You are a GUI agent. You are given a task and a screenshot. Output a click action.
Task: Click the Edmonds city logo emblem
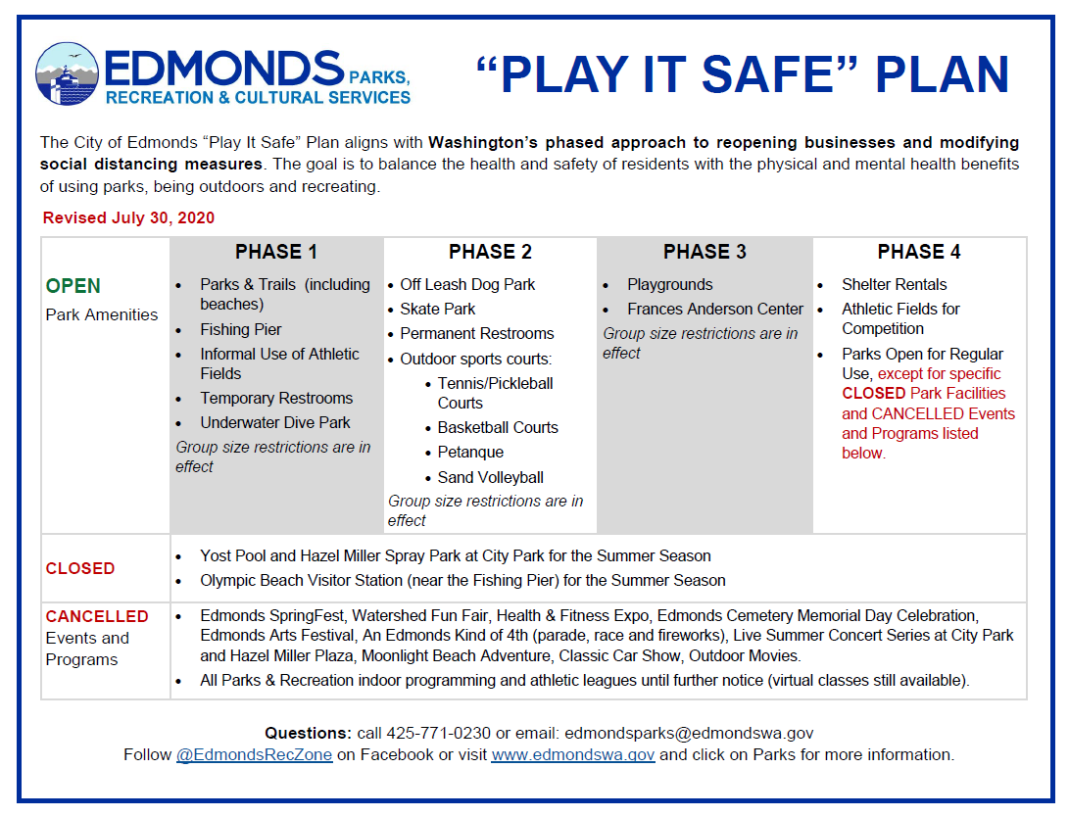(x=68, y=75)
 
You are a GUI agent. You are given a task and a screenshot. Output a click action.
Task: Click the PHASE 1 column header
(x=275, y=252)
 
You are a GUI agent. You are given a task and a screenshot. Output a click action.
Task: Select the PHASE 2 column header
(x=490, y=252)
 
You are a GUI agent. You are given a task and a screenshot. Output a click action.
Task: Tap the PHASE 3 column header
(x=705, y=252)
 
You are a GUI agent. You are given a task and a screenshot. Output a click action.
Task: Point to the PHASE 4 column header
(x=919, y=252)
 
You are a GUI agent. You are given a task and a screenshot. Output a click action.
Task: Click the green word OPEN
(x=73, y=286)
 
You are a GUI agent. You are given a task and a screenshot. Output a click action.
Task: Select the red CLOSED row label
(x=80, y=568)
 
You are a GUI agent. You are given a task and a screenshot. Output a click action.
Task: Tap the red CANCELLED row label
(x=97, y=616)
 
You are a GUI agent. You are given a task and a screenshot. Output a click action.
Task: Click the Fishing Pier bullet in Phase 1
(x=241, y=329)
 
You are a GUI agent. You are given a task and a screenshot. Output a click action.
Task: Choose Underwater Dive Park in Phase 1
(x=275, y=422)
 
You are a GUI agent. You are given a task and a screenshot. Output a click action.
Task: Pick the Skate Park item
(x=437, y=309)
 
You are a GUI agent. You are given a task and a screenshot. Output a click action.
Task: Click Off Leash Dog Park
(x=467, y=284)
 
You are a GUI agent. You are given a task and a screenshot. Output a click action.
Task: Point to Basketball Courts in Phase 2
(x=498, y=427)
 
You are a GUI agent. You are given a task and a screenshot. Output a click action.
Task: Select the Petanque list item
(x=470, y=452)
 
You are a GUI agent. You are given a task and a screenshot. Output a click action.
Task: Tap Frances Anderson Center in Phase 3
(x=715, y=309)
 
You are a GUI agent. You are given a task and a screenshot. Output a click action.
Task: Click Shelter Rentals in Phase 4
(x=894, y=284)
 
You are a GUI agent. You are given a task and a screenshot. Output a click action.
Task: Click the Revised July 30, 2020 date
(x=128, y=217)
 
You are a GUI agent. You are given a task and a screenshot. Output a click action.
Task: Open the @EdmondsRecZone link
(x=254, y=754)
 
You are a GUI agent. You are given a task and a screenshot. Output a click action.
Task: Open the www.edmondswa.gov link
(x=572, y=754)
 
